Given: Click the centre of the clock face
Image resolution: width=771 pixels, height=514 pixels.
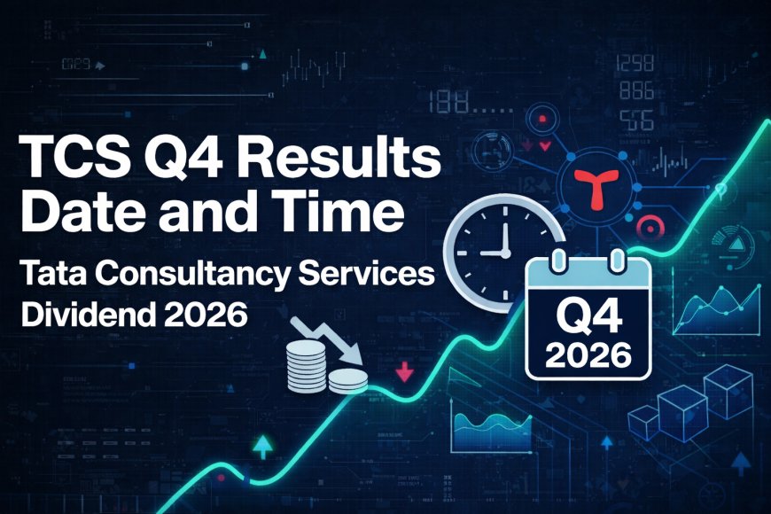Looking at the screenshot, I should (x=503, y=250).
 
